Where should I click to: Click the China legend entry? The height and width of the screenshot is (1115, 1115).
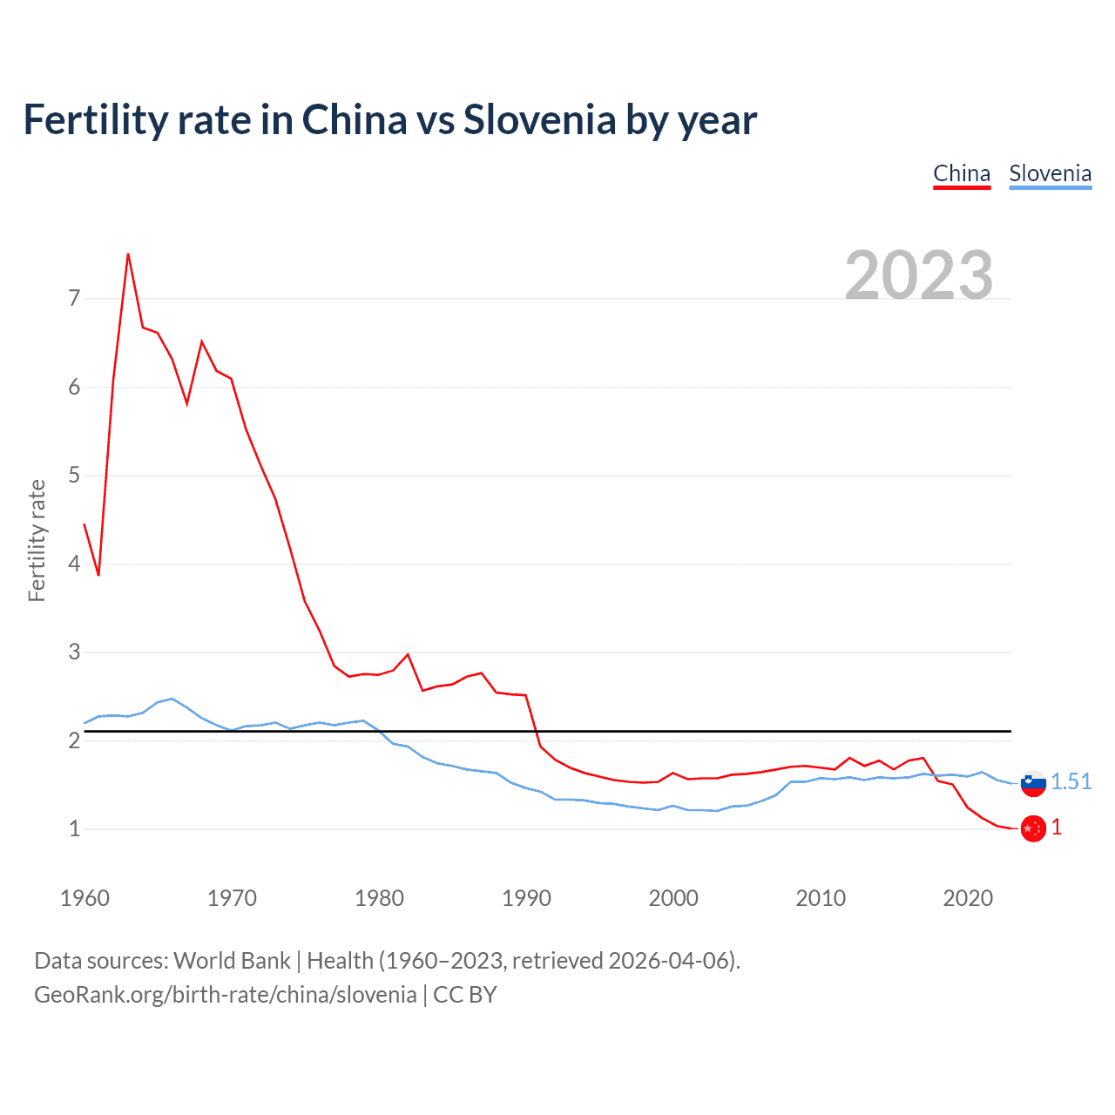coord(962,173)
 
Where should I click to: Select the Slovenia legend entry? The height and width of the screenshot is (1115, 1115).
coord(1050,173)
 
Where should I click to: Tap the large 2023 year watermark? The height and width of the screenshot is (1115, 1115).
coord(919,275)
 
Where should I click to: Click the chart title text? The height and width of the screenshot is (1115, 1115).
coord(389,119)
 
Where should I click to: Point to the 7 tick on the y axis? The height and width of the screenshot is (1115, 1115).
coord(74,299)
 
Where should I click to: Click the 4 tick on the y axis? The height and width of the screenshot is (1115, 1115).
coord(74,564)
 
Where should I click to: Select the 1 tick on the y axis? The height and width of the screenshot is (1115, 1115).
coord(74,828)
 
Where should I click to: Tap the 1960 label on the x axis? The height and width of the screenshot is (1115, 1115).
coord(84,898)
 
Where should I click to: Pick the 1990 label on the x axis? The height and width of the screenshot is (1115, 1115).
coord(526,898)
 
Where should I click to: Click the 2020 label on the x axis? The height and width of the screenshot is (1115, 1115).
coord(968,898)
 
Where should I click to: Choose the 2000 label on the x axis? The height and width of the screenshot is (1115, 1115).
coord(673,898)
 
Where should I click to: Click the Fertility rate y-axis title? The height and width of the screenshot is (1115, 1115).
coord(37,540)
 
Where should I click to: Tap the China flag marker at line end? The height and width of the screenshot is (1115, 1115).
coord(1033,828)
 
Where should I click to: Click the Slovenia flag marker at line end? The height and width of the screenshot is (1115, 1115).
coord(1033,783)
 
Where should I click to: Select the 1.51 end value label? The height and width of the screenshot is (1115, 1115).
coord(1071,781)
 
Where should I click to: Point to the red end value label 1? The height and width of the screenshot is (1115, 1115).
coord(1057,827)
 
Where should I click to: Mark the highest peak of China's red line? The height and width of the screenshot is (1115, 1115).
coord(128,254)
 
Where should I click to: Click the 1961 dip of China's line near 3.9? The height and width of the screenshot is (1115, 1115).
coord(98,575)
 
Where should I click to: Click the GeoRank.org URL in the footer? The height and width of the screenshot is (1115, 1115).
coord(225,995)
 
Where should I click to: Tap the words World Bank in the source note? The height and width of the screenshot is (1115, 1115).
coord(232,961)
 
